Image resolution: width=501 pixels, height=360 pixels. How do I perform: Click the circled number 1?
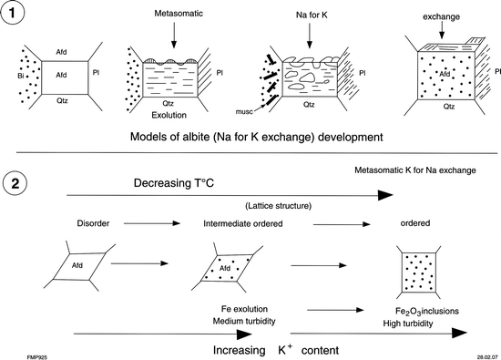pyautogui.click(x=18, y=15)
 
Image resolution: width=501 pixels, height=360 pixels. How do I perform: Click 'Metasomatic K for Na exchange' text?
pyautogui.click(x=415, y=170)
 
